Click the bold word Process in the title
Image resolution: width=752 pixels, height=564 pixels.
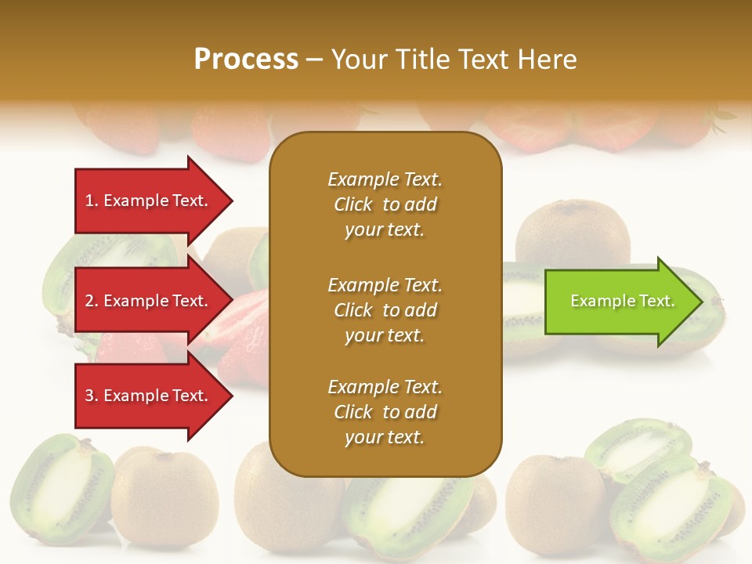click(246, 60)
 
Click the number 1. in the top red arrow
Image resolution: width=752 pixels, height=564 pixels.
click(92, 201)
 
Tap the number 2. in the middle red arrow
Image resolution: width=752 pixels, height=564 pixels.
click(92, 301)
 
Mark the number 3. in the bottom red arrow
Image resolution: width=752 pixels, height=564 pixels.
click(92, 396)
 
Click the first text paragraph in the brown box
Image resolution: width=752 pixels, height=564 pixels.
click(385, 204)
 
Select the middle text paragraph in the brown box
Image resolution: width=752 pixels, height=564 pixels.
click(385, 310)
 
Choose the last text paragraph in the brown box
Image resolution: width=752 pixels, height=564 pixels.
click(385, 412)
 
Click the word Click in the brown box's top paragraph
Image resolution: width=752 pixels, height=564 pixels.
click(352, 204)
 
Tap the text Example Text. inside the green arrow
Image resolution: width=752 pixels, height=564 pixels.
click(622, 301)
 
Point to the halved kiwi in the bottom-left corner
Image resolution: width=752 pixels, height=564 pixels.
click(59, 490)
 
